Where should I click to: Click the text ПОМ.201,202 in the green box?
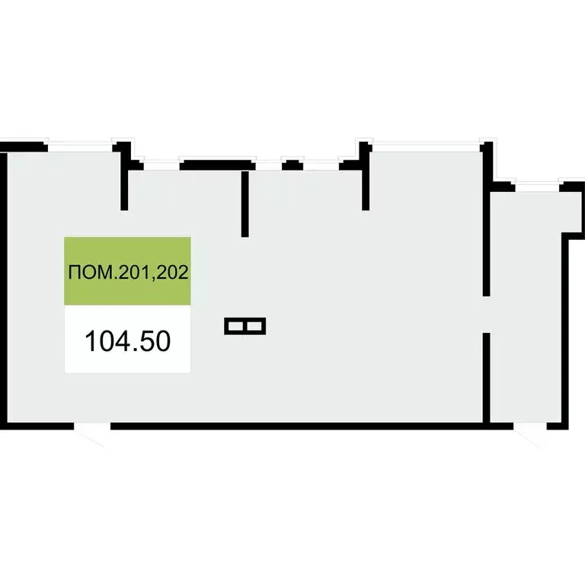128,272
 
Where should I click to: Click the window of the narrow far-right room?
537,184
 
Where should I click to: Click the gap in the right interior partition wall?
487,314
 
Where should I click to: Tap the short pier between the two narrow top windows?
292,163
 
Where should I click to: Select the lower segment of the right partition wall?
487,377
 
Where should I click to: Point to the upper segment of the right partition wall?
487,221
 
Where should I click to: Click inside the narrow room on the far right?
526,305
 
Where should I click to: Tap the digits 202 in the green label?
173,272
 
